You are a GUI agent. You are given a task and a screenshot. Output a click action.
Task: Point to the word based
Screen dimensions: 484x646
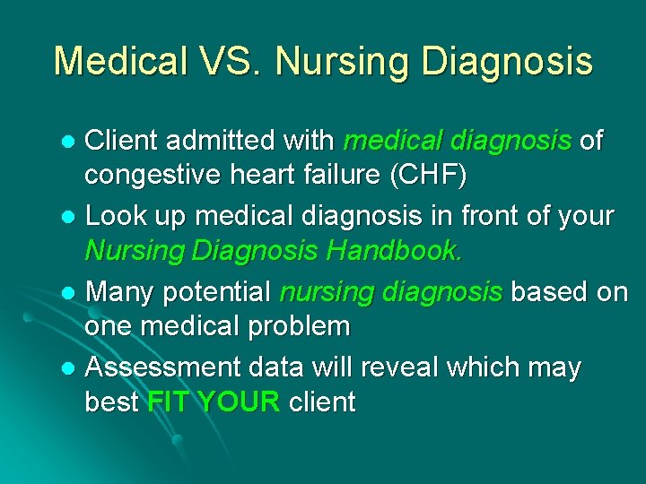(x=547, y=291)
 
